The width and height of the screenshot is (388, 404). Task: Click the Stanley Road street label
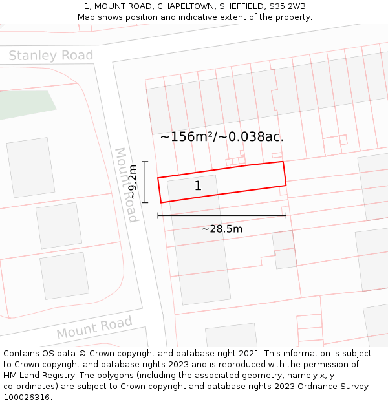[50, 56]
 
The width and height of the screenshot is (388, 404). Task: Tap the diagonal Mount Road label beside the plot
[126, 185]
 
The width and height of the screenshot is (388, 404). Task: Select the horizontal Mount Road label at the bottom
[94, 328]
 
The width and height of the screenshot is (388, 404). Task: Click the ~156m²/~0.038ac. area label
[222, 136]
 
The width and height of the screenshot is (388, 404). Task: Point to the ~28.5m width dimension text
[222, 229]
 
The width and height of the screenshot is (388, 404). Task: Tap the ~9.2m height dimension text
[132, 183]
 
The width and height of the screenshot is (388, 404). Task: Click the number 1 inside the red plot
[198, 186]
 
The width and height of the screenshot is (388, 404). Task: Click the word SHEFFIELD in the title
[239, 6]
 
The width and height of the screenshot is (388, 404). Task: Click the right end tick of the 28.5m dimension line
[286, 216]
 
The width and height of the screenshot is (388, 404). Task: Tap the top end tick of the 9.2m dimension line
[145, 162]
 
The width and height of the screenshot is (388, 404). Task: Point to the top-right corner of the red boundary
[283, 162]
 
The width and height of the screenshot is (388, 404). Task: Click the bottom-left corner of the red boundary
[161, 203]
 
